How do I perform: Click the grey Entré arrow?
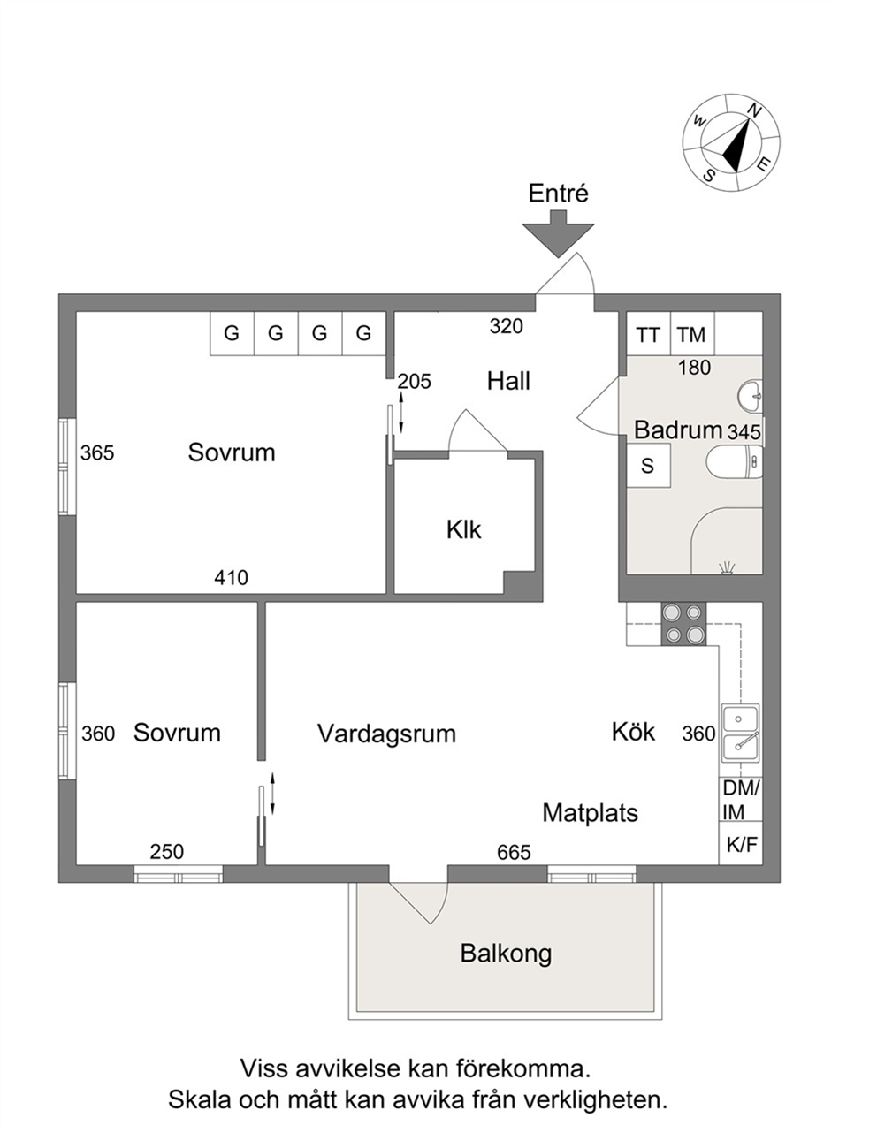[x=557, y=233]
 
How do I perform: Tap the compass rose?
[x=731, y=142]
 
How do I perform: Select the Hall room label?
[x=508, y=381]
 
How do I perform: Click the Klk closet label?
[x=463, y=529]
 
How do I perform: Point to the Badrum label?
[x=678, y=430]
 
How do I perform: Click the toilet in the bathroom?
[x=734, y=461]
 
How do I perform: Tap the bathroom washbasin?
[x=750, y=396]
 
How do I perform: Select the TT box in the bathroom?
[x=648, y=334]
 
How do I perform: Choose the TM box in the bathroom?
[x=691, y=334]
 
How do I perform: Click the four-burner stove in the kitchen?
[x=683, y=624]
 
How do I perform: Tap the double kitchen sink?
[x=740, y=733]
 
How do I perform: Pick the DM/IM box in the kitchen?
[x=741, y=800]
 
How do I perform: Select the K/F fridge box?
[x=741, y=844]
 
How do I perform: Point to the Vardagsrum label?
[x=386, y=734]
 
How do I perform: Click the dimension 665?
[x=514, y=853]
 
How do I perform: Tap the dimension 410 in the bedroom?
[x=231, y=578]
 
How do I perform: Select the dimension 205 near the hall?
[x=415, y=382]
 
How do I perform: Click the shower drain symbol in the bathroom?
[x=727, y=568]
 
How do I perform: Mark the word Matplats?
[x=590, y=813]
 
